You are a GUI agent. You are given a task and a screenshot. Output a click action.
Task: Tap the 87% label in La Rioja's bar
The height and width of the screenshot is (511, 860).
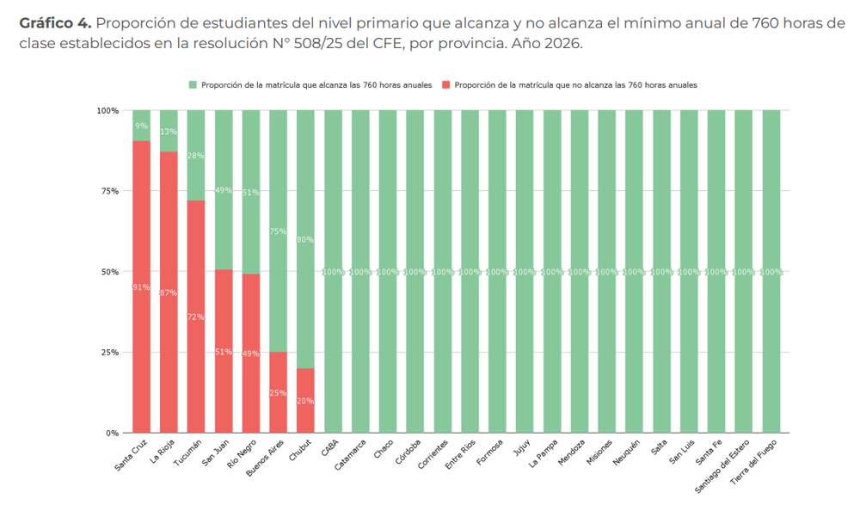(x=169, y=293)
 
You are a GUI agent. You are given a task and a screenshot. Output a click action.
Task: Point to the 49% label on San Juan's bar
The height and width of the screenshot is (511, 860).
(x=224, y=190)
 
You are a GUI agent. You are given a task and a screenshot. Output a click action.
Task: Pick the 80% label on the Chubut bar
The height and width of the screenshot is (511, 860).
(x=305, y=240)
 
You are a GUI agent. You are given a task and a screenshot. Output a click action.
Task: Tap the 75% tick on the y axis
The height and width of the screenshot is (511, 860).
(x=107, y=191)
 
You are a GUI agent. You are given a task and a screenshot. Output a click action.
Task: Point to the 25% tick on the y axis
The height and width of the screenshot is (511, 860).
(x=107, y=353)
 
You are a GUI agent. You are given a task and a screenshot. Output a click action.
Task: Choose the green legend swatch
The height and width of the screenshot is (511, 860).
(x=193, y=85)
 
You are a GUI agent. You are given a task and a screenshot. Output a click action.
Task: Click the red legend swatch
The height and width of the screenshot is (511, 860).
(x=445, y=85)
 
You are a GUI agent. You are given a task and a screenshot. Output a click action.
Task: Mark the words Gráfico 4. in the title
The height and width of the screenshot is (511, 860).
(x=55, y=22)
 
